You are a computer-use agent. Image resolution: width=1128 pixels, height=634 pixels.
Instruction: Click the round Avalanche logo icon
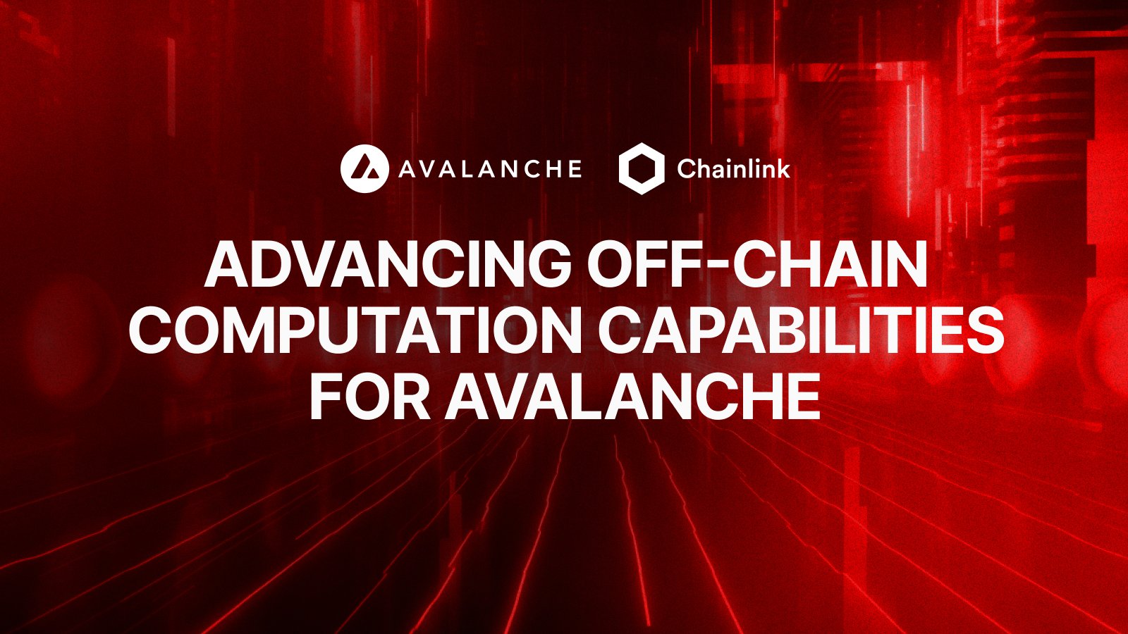[x=364, y=168]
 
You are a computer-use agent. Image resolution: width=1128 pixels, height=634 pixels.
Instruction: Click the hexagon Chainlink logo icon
[x=642, y=168]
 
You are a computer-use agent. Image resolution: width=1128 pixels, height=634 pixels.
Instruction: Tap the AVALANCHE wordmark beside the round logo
[x=490, y=169]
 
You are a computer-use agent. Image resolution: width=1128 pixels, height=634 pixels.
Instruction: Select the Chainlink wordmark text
[x=733, y=169]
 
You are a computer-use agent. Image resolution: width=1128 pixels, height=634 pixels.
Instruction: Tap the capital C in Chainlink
[x=687, y=169]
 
